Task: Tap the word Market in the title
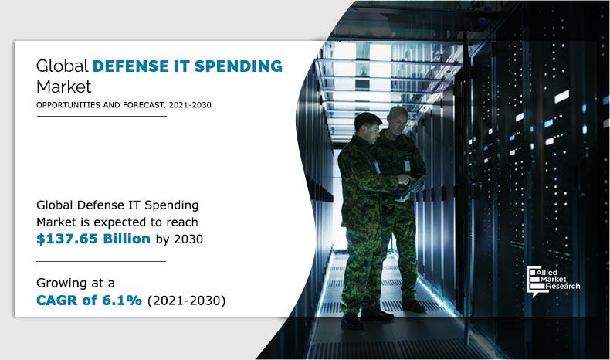(x=63, y=85)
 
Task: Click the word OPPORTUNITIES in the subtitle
(x=67, y=105)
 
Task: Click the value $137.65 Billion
(x=93, y=239)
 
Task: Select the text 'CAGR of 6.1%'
(x=89, y=301)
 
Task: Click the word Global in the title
(x=61, y=66)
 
